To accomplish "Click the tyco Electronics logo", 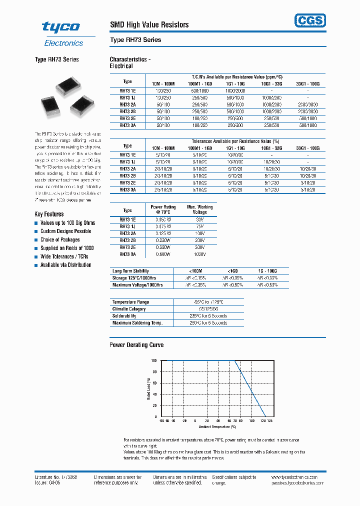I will point(63,34).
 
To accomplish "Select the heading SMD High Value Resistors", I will point(149,24).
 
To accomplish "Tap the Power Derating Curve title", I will point(136,345).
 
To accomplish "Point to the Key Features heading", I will point(49,214).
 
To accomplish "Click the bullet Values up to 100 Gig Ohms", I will point(67,223).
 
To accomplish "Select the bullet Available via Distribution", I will point(65,265).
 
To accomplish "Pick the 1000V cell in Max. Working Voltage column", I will point(199,254).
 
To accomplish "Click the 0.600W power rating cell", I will point(163,254).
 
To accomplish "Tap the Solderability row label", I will point(124,316).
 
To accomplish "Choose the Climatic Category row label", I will point(129,309).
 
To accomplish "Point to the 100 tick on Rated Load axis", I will point(154,360).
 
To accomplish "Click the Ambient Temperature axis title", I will point(217,426).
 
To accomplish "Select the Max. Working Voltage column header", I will point(199,209).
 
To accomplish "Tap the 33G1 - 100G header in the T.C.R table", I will point(308,83).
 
